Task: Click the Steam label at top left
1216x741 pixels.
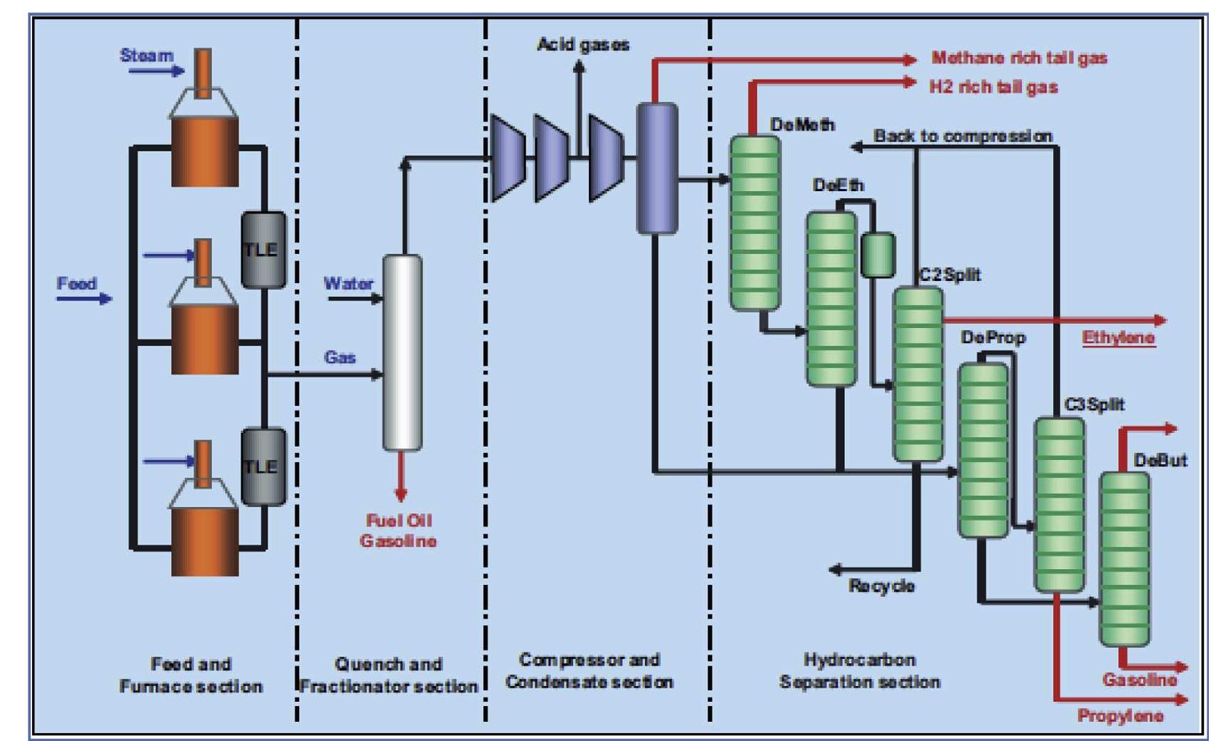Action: pyautogui.click(x=146, y=56)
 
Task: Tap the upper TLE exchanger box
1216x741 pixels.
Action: pyautogui.click(x=263, y=250)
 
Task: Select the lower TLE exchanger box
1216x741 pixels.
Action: pyautogui.click(x=263, y=467)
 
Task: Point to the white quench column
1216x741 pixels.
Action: pyautogui.click(x=402, y=353)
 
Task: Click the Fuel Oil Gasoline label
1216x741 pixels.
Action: pyautogui.click(x=398, y=531)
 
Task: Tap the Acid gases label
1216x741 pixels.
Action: pyautogui.click(x=583, y=45)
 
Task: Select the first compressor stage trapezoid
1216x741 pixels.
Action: pyautogui.click(x=507, y=158)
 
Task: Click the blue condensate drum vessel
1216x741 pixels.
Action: pyautogui.click(x=657, y=168)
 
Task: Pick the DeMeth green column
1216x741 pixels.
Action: pyautogui.click(x=754, y=223)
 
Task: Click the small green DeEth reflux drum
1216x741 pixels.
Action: pyautogui.click(x=877, y=255)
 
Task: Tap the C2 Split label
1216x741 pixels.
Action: pyautogui.click(x=950, y=275)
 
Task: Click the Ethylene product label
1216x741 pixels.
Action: pyautogui.click(x=1118, y=337)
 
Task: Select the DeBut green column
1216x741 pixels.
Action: pyautogui.click(x=1124, y=558)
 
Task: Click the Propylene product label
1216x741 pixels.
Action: pyautogui.click(x=1120, y=715)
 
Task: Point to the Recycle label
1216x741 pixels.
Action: pyautogui.click(x=881, y=586)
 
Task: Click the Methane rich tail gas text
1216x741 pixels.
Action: pyautogui.click(x=1019, y=58)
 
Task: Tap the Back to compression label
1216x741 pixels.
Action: pyautogui.click(x=963, y=136)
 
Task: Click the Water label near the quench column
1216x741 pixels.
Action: pyautogui.click(x=348, y=283)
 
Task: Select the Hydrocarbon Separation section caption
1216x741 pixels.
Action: pyautogui.click(x=859, y=670)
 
